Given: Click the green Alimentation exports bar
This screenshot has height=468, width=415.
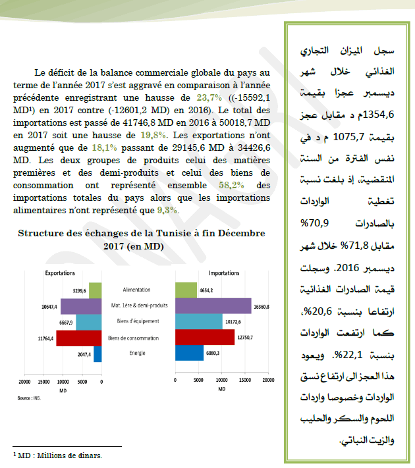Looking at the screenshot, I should pyautogui.click(x=95, y=290).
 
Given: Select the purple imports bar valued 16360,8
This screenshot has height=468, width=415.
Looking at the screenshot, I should pyautogui.click(x=213, y=306).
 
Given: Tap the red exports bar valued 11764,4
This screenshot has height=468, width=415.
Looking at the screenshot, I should pyautogui.click(x=79, y=338).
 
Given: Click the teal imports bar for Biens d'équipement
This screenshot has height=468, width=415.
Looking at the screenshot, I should pyautogui.click(x=199, y=322).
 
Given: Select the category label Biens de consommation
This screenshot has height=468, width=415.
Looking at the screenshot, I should pyautogui.click(x=136, y=338).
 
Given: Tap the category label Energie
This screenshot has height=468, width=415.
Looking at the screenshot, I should pyautogui.click(x=136, y=354).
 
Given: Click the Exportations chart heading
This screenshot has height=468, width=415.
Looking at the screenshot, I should pyautogui.click(x=60, y=273).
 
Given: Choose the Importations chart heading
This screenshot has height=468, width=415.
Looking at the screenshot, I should pyautogui.click(x=223, y=273).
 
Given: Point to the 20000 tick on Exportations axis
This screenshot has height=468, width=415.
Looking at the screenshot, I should pyautogui.click(x=24, y=382).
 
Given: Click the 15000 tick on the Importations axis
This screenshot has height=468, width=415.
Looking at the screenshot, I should pyautogui.click(x=245, y=381).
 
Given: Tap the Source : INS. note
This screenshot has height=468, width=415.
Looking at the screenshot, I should pyautogui.click(x=29, y=398).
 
